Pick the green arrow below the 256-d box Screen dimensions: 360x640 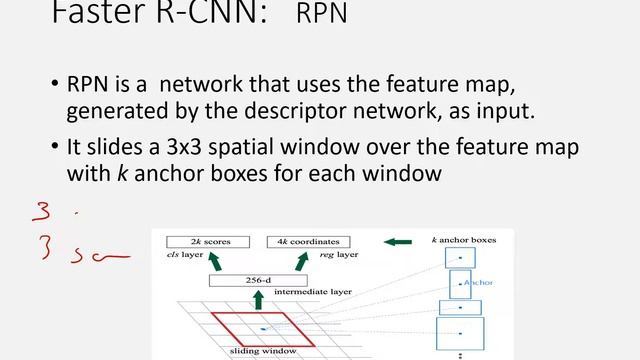click(x=258, y=299)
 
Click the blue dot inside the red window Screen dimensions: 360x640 click(x=263, y=327)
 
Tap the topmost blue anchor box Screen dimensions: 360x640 click(x=460, y=258)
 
